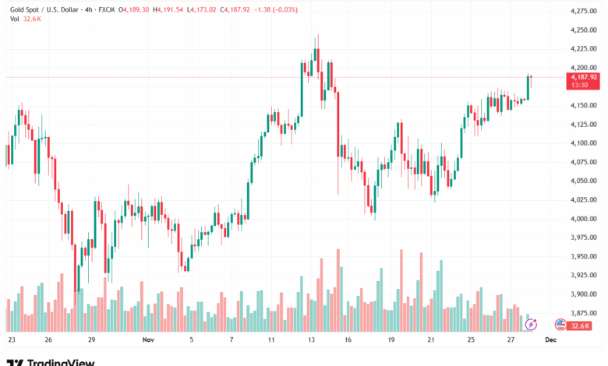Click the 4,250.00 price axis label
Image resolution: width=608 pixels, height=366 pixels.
point(584,30)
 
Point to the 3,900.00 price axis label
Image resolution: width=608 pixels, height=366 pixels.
point(584,294)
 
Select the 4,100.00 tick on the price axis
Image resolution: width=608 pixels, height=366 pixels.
point(584,143)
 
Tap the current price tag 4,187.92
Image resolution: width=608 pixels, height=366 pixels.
point(584,77)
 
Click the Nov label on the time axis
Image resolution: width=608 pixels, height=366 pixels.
point(149,340)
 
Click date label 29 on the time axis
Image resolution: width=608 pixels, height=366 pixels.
point(91,340)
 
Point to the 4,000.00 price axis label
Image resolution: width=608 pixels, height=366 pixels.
point(584,219)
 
